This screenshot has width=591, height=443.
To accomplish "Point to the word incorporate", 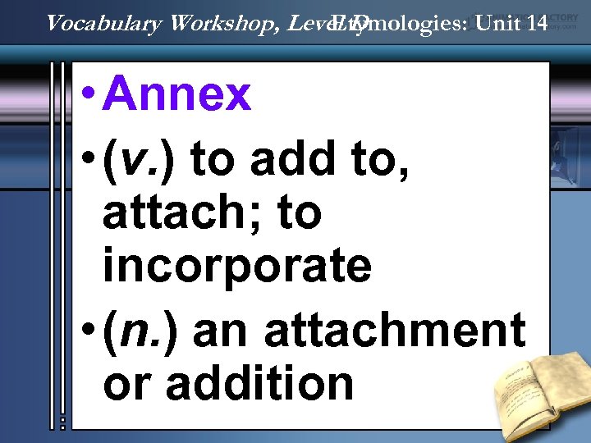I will point(237,267).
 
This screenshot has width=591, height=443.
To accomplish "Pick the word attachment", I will point(395,331).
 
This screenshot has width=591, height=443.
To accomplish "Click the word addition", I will point(261,381).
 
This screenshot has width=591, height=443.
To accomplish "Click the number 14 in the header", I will point(538,23).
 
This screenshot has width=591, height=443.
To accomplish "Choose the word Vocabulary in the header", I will point(103,23).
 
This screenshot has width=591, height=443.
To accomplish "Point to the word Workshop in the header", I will point(226,23).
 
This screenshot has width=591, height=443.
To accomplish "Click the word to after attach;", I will point(300,213).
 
